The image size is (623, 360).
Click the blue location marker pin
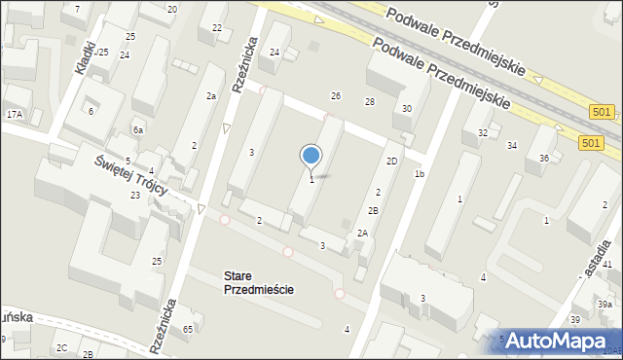coord(311,157)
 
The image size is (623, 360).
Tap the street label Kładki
coord(86,57)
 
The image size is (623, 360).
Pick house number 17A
coord(15,115)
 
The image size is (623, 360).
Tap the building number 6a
coord(139,130)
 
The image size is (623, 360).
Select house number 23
coord(135,196)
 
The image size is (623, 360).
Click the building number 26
coord(336,95)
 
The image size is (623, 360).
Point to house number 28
coord(370,102)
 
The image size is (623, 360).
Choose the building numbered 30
coord(407,109)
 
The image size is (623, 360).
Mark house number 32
coord(483,132)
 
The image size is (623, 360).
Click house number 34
coord(512,146)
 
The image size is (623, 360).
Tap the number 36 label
coord(545,158)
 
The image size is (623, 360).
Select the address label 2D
coord(391,161)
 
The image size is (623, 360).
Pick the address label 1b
coord(420,174)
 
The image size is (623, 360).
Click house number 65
coord(188,331)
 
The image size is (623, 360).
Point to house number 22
coord(217,27)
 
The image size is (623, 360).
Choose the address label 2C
coord(61,347)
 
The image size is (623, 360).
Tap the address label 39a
coord(605,305)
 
